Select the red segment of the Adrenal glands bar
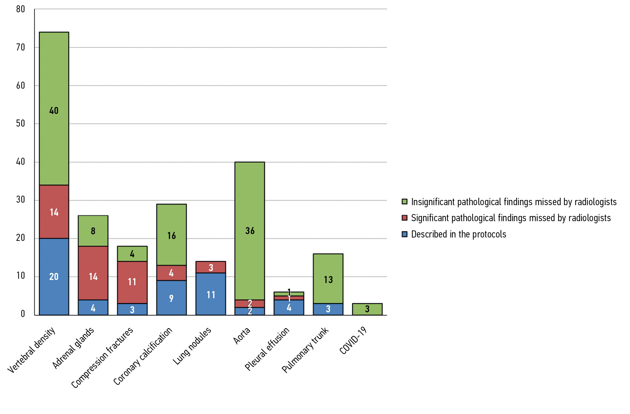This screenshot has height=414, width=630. tap(93, 265)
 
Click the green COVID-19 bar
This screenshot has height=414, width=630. tap(367, 309)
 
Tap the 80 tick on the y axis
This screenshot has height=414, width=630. tap(21, 9)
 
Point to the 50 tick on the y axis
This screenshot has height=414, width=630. tap(21, 124)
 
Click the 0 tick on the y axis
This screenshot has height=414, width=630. tap(23, 314)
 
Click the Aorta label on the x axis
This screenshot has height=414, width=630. tap(242, 336)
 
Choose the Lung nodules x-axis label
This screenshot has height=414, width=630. tap(192, 346)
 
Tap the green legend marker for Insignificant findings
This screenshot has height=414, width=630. tap(405, 202)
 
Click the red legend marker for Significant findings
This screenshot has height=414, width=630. tap(405, 218)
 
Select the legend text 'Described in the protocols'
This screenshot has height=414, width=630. tap(458, 234)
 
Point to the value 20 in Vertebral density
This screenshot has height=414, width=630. tap(54, 277)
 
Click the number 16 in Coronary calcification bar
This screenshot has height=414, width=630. tap(172, 236)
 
